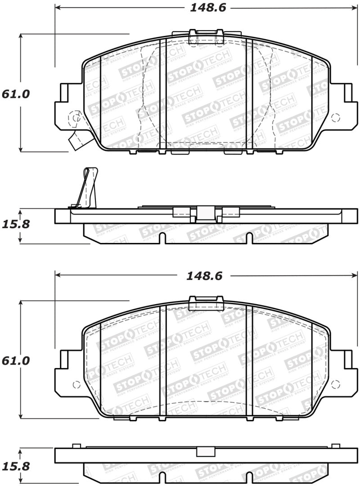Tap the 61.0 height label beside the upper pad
point(16,94)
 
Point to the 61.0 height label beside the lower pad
point(16,361)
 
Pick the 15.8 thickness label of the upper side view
point(16,224)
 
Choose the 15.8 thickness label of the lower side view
point(16,467)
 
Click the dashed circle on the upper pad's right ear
point(335,118)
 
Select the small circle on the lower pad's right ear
point(335,385)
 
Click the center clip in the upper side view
point(206,213)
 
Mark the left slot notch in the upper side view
point(162,238)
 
